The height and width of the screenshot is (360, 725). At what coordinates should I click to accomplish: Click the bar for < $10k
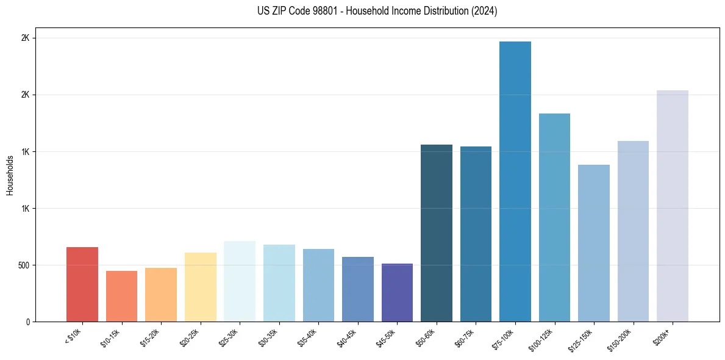pos(82,284)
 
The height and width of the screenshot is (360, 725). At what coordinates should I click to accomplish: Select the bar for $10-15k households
pos(121,296)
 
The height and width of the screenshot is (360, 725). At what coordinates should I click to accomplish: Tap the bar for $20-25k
pos(200,287)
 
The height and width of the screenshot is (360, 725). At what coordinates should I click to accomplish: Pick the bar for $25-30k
pos(240,281)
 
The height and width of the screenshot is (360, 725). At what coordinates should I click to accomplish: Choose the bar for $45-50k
pos(397,292)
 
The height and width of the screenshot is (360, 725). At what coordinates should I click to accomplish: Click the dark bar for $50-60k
pos(437,233)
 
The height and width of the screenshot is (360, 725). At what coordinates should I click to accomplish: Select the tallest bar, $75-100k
pos(515,181)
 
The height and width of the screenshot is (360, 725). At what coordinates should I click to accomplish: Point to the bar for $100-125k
pos(554,217)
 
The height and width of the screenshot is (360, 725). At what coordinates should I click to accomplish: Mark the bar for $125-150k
pos(594,243)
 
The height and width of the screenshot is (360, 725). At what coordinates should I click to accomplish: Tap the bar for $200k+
pos(673,206)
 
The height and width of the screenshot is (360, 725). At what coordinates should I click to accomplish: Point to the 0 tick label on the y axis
pos(28,322)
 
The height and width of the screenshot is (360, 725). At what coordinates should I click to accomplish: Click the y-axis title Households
pos(10,175)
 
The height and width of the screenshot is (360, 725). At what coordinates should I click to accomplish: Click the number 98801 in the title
pos(307,11)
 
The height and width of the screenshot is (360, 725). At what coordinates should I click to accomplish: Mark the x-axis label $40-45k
pos(346,337)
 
